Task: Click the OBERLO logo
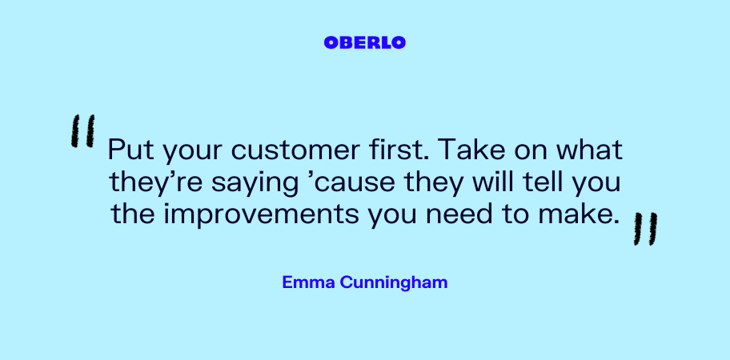pyautogui.click(x=364, y=42)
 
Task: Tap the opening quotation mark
pyautogui.click(x=83, y=130)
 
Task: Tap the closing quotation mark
pyautogui.click(x=645, y=228)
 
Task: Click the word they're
pyautogui.click(x=156, y=183)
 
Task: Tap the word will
pyautogui.click(x=492, y=182)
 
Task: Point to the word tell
pyautogui.click(x=541, y=182)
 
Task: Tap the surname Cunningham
pyautogui.click(x=393, y=282)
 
